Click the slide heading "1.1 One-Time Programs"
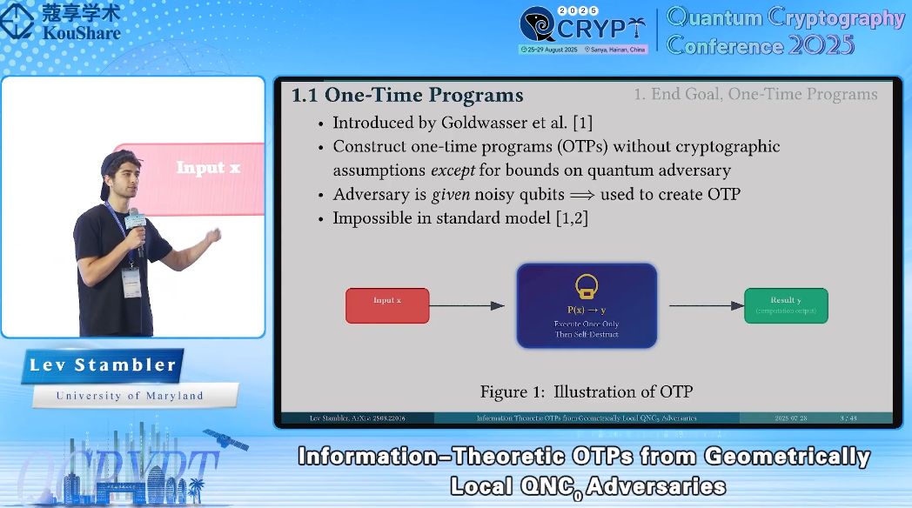tap(407, 95)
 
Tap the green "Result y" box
tap(786, 305)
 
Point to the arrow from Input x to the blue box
tap(467, 305)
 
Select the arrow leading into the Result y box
tap(706, 305)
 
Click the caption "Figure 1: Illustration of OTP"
tap(586, 391)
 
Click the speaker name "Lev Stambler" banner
tap(103, 365)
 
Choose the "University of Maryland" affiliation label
tap(130, 396)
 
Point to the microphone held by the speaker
tap(135, 222)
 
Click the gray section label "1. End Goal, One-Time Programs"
tap(755, 94)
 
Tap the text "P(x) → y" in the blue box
tap(586, 309)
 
